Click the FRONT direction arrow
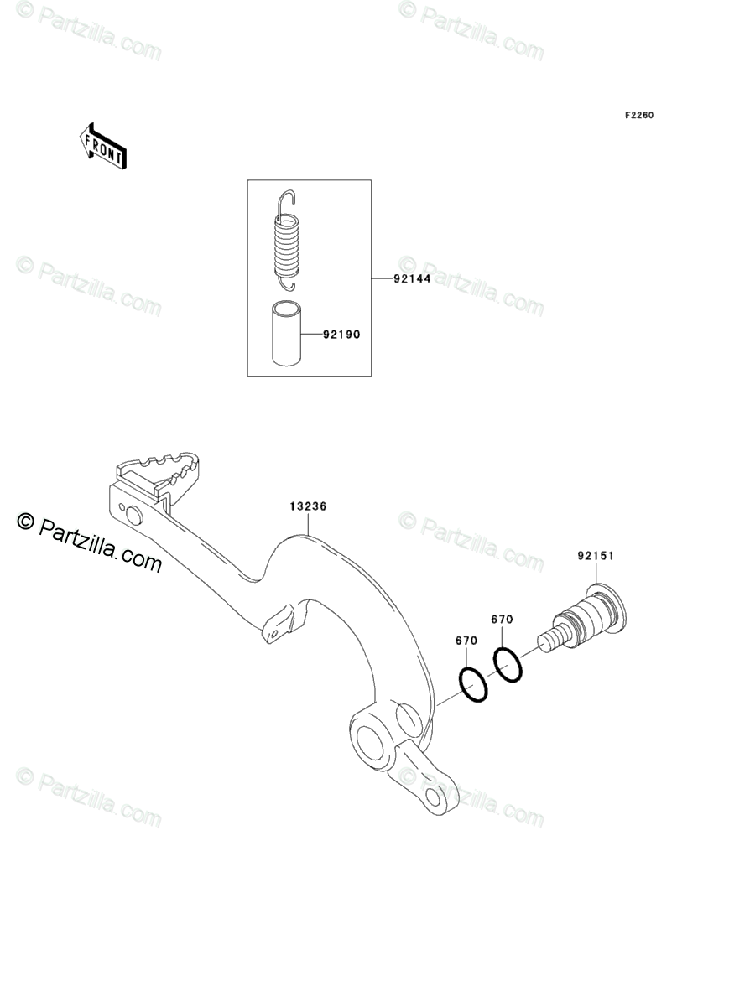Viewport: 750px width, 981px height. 103,145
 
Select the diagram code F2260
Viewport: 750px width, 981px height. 638,116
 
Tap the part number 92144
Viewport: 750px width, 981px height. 412,279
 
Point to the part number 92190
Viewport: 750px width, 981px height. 341,335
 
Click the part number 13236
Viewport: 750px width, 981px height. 308,506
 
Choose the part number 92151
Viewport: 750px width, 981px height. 595,555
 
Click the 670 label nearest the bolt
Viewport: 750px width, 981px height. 502,620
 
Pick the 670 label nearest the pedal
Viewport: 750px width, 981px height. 466,641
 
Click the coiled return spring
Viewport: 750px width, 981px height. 287,243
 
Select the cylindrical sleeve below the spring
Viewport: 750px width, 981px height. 286,334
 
